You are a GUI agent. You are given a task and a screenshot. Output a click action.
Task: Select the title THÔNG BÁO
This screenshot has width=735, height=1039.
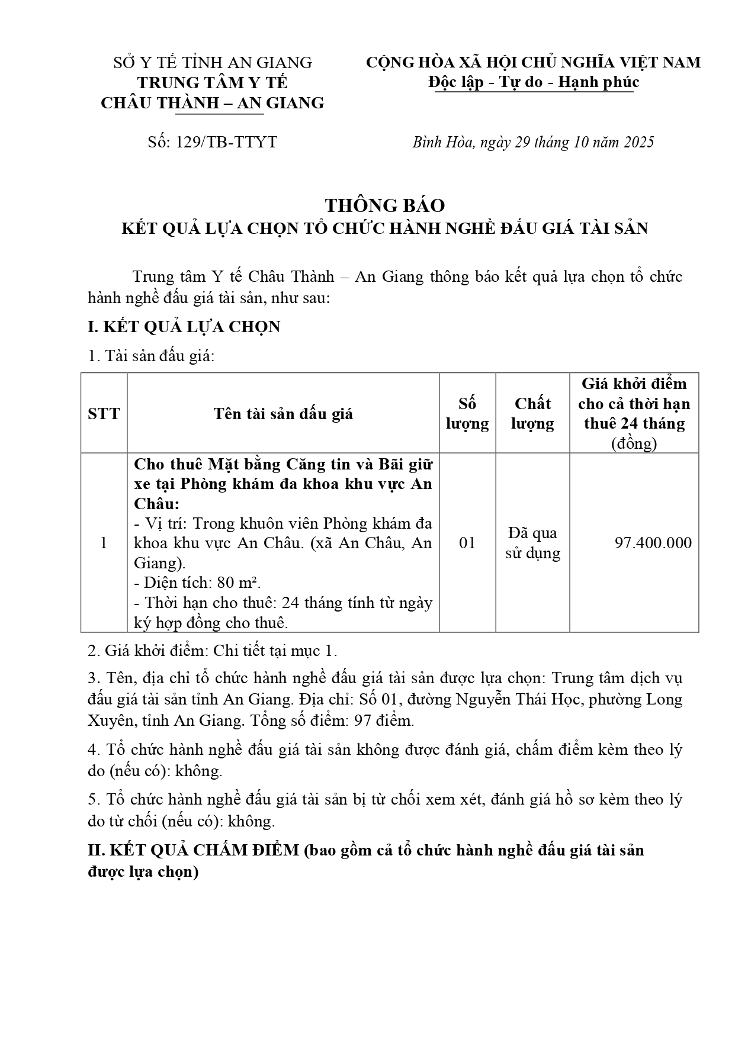[x=385, y=205]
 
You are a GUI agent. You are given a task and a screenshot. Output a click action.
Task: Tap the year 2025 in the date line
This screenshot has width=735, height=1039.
[x=636, y=142]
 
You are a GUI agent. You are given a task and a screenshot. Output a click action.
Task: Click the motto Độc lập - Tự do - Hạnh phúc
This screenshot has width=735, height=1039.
[x=534, y=82]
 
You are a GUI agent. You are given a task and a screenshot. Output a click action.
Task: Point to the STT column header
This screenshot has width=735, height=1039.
[x=104, y=413]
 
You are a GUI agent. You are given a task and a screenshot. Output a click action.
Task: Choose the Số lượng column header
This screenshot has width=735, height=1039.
[x=467, y=413]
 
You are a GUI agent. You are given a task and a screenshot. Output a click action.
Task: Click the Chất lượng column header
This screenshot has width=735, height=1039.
[x=532, y=413]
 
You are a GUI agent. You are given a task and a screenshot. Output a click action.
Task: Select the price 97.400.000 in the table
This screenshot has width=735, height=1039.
[x=653, y=543]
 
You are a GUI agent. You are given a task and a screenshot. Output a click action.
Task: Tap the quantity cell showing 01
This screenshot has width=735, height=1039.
[x=467, y=543]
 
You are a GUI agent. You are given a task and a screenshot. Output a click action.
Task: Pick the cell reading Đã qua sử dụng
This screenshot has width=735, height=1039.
[x=532, y=543]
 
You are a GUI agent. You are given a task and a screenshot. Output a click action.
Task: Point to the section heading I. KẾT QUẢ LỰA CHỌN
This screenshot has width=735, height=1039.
[x=184, y=327]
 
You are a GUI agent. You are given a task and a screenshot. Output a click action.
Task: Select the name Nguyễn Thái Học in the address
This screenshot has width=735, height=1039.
[x=519, y=699]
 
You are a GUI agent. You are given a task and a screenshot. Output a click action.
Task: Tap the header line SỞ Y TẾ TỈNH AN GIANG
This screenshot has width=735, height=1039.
[x=213, y=62]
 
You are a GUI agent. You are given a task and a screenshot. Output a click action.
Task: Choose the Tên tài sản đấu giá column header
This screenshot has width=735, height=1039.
[x=283, y=413]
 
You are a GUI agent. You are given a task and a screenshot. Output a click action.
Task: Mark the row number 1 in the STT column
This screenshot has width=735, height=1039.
[x=104, y=543]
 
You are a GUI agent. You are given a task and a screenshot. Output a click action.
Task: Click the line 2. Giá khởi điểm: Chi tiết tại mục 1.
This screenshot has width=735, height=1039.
[x=213, y=651]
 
